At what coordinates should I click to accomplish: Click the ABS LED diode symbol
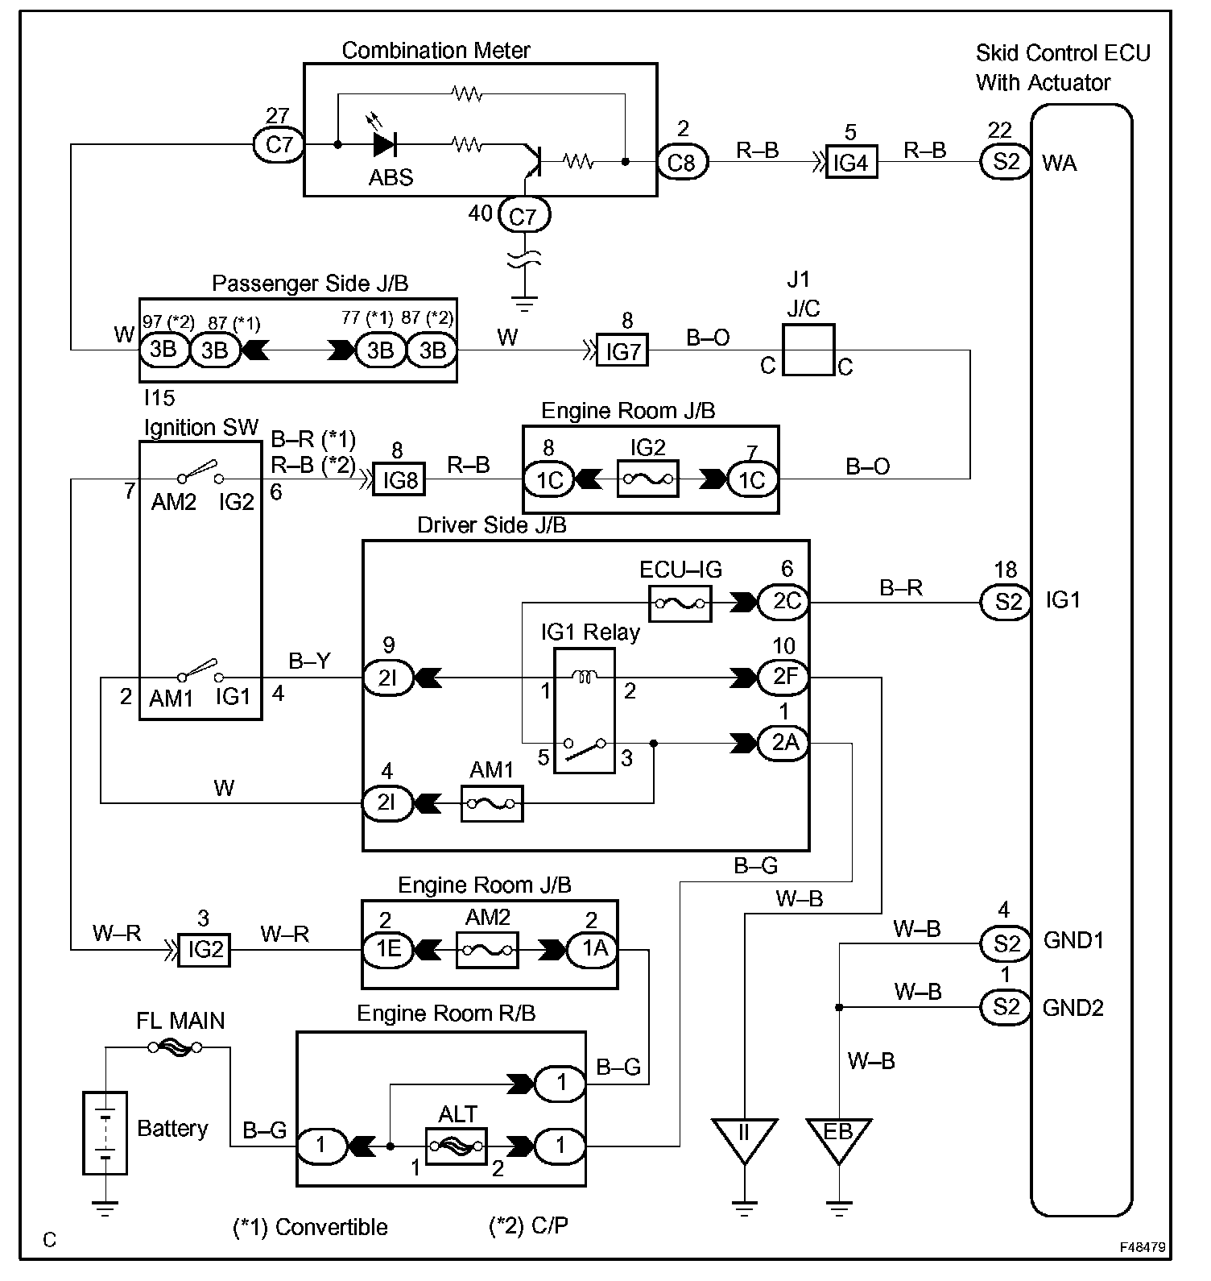click(x=383, y=145)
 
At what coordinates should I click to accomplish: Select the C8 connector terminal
click(x=681, y=163)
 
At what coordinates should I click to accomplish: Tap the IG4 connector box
click(x=851, y=163)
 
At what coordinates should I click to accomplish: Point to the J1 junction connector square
click(x=808, y=350)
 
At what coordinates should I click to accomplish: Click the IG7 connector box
click(x=622, y=350)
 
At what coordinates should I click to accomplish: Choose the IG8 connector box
click(x=399, y=480)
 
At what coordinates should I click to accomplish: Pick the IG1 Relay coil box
click(x=585, y=711)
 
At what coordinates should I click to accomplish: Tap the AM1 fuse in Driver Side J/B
click(x=492, y=803)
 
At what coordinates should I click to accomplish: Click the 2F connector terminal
click(x=783, y=678)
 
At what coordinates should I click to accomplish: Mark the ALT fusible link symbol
click(x=456, y=1145)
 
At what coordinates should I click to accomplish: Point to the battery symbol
click(x=105, y=1132)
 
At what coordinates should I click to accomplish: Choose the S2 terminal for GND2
click(x=1006, y=1007)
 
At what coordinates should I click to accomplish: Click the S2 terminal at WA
click(x=1006, y=163)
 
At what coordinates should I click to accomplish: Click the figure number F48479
click(x=1142, y=1246)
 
